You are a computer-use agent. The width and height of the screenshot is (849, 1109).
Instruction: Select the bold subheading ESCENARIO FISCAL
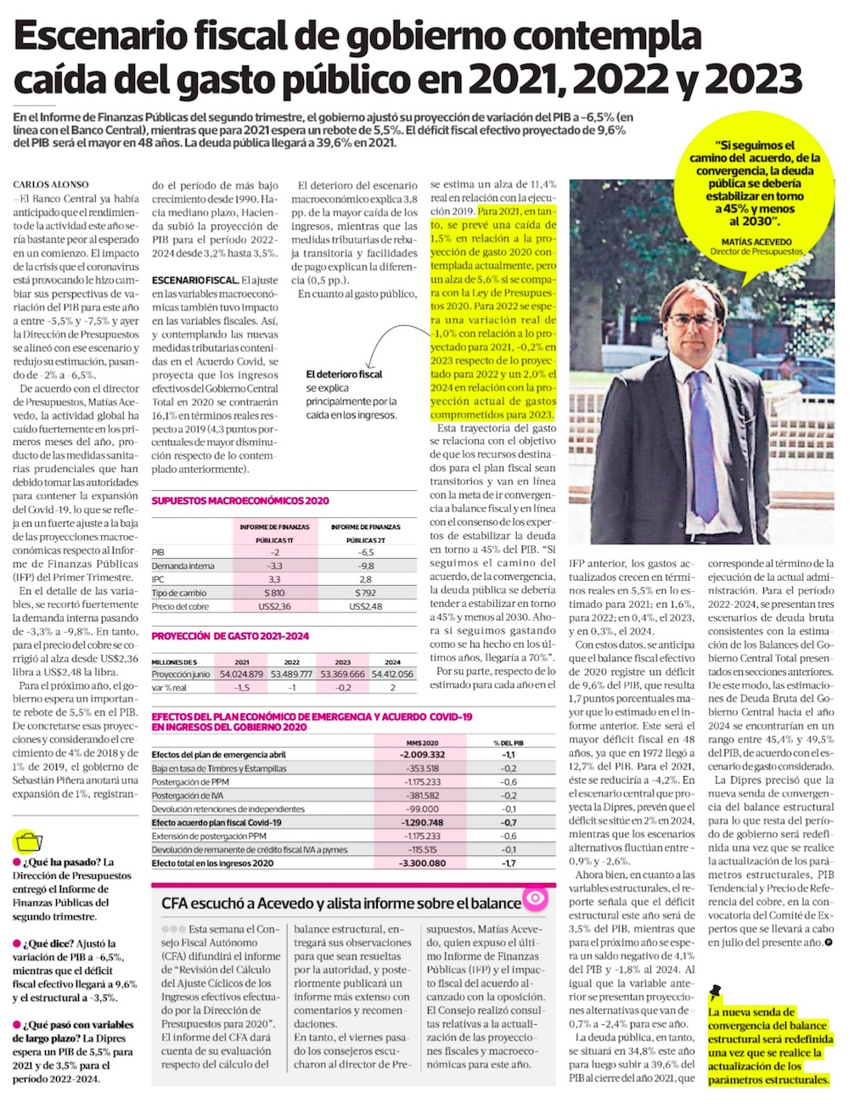click(194, 280)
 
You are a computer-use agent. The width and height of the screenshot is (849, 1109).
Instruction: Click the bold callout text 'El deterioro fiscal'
click(344, 374)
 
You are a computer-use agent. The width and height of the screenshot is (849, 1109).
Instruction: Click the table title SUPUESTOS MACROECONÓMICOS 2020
click(240, 501)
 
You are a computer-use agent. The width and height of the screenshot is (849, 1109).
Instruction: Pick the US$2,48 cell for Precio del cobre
click(366, 606)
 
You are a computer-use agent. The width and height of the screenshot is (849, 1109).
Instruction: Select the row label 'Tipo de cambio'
click(178, 593)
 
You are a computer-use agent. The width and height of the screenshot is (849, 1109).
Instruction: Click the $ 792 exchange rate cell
click(366, 593)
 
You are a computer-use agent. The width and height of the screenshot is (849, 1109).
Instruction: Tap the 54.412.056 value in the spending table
click(392, 674)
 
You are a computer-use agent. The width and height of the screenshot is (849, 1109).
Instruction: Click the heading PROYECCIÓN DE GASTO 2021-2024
click(230, 636)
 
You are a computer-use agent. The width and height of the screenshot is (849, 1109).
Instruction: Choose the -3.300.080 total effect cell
click(422, 864)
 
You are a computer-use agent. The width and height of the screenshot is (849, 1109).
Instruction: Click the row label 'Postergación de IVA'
click(188, 796)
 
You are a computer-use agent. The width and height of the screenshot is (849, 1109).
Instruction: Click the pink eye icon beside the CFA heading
click(536, 898)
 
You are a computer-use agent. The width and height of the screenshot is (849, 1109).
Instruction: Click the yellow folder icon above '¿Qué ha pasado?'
click(30, 842)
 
